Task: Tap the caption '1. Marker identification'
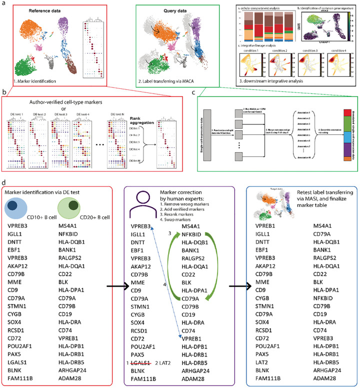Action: tap(33, 79)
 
